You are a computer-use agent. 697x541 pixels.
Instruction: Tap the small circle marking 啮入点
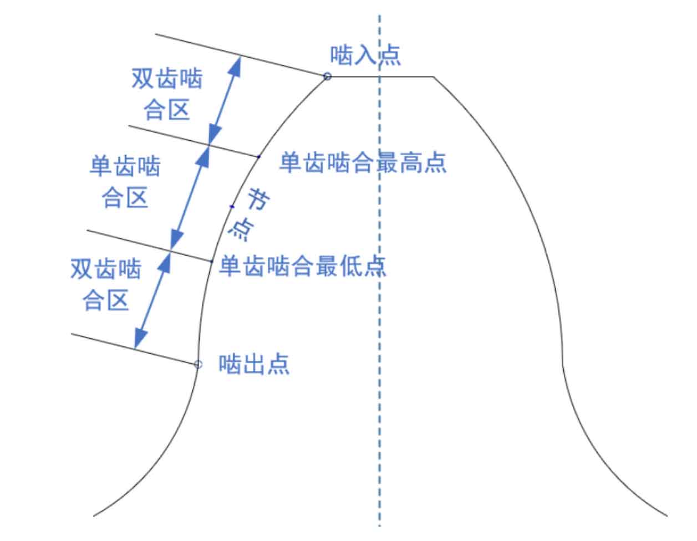click(327, 76)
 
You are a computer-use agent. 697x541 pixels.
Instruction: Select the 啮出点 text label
click(254, 364)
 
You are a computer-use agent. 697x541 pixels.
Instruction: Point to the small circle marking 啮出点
click(198, 364)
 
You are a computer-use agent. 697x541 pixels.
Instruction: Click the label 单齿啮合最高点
click(363, 162)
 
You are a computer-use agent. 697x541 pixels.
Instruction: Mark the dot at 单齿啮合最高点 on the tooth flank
click(258, 157)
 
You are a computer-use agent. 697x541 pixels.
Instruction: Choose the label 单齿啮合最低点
click(302, 266)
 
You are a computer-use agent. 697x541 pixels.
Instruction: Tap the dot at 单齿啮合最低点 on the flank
click(211, 262)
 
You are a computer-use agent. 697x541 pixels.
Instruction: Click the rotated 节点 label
click(249, 214)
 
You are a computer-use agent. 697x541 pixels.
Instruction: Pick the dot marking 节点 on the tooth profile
click(232, 207)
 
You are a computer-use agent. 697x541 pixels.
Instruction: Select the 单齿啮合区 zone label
click(125, 181)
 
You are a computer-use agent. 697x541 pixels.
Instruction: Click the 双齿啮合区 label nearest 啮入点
click(167, 94)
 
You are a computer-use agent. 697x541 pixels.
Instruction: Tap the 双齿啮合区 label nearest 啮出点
click(106, 284)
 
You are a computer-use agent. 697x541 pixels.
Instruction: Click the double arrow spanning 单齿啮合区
click(190, 197)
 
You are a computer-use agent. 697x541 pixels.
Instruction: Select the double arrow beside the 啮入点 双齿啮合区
click(225, 100)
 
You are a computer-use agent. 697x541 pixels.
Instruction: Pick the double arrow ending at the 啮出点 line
click(152, 300)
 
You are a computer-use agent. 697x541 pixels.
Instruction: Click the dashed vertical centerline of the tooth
click(379, 271)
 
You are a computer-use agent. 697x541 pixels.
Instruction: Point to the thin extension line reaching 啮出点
click(134, 349)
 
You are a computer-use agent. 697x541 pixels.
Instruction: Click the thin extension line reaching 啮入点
click(241, 55)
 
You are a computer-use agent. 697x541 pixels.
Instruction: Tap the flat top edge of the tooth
click(380, 76)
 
